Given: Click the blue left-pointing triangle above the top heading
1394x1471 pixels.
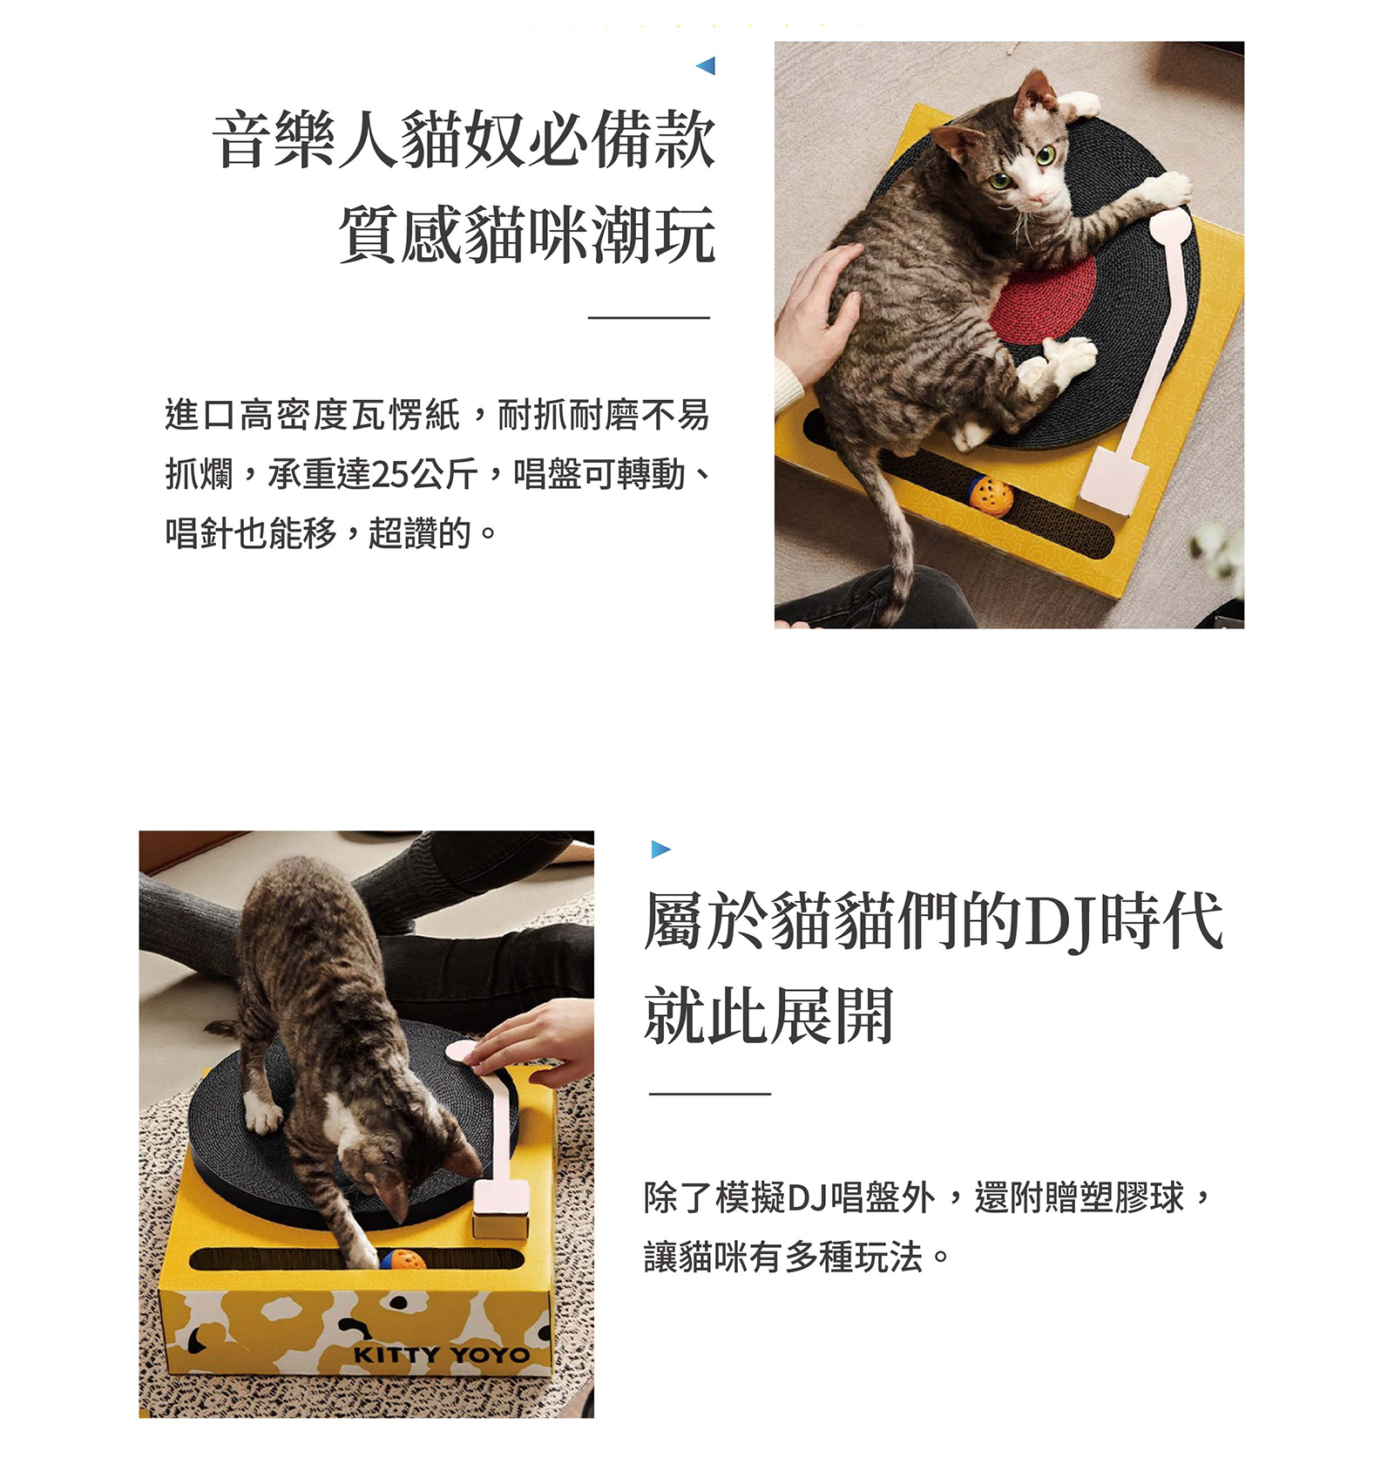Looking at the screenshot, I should (707, 65).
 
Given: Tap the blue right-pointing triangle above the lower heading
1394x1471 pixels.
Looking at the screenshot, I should (660, 849).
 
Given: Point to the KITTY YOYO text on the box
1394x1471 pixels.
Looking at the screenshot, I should (441, 1354).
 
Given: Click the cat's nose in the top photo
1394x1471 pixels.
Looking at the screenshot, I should (1036, 199).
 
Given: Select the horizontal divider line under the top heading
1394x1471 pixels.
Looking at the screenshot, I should (648, 318).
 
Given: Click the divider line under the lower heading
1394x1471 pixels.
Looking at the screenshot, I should (709, 1093).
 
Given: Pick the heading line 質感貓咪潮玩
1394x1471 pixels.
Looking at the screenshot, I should (527, 234).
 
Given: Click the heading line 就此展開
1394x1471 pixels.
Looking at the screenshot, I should (768, 1015).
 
